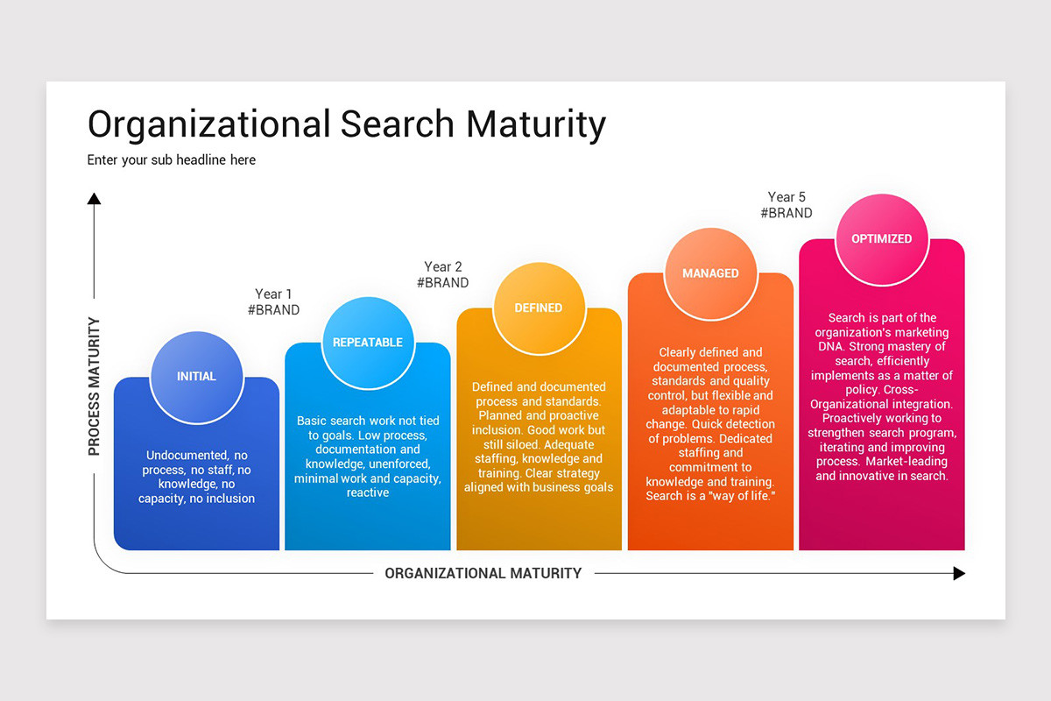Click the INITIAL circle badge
click(196, 376)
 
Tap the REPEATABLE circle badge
click(368, 342)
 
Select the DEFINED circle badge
click(539, 308)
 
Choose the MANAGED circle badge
click(710, 273)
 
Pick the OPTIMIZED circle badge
click(881, 238)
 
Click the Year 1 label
click(273, 294)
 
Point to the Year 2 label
click(442, 266)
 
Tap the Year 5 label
click(786, 197)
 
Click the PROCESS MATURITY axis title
click(94, 386)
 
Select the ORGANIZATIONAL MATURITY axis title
click(483, 573)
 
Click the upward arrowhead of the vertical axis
click(94, 199)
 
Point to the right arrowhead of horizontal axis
click(959, 573)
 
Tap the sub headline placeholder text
click(172, 159)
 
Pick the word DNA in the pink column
click(830, 348)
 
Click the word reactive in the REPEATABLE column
click(368, 492)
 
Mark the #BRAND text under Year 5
click(786, 213)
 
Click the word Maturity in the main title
click(536, 124)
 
